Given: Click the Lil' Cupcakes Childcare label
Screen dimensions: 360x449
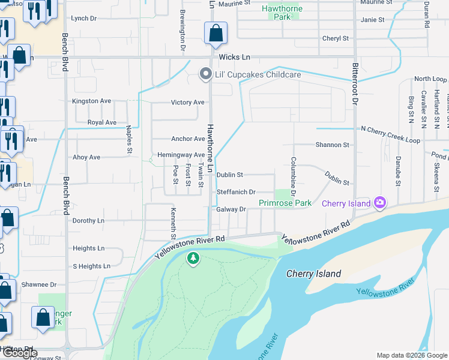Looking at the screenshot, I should click(x=258, y=74).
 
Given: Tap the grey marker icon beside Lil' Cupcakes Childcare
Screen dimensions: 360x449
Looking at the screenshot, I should click(x=205, y=74).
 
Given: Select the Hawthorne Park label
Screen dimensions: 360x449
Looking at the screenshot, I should click(x=282, y=13).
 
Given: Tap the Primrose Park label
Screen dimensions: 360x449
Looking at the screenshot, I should click(x=285, y=203).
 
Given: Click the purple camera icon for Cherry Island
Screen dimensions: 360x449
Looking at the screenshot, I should click(x=379, y=203).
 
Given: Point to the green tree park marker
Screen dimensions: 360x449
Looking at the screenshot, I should click(x=193, y=259).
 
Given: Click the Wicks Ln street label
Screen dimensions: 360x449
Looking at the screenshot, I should click(x=234, y=58).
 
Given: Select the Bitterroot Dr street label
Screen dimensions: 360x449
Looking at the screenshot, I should click(x=355, y=84).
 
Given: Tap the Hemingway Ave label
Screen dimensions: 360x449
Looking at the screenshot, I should click(x=181, y=155).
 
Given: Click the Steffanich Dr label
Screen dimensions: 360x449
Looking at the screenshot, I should click(x=236, y=192).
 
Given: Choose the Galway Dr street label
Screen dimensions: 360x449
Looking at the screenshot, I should click(x=232, y=209).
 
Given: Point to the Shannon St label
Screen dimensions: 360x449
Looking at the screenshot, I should click(x=332, y=145).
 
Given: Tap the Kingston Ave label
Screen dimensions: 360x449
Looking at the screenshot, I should click(x=91, y=101).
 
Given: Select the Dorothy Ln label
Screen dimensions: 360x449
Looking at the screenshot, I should click(x=88, y=221).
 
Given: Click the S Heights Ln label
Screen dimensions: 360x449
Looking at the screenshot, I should click(x=91, y=266).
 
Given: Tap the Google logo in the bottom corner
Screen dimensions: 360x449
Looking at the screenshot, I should click(x=19, y=353).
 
